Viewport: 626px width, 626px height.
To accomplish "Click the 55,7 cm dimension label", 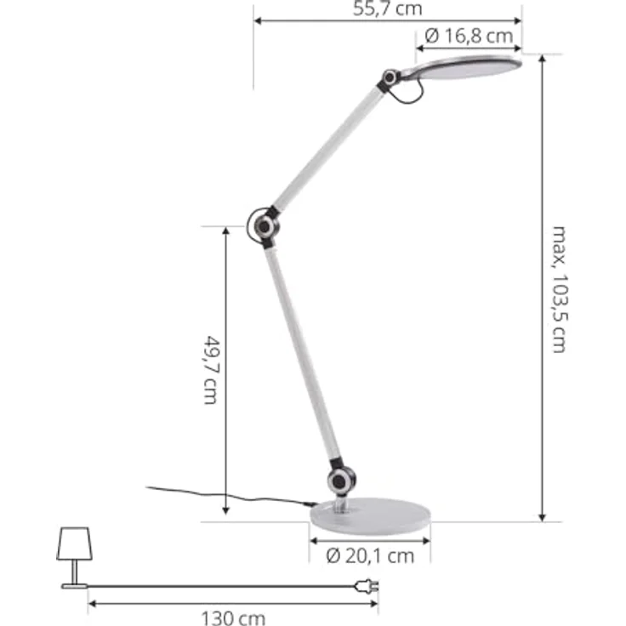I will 387,9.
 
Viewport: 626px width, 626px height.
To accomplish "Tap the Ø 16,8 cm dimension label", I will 469,36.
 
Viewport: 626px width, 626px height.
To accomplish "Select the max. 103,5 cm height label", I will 559,289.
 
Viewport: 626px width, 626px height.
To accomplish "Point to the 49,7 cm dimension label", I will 210,369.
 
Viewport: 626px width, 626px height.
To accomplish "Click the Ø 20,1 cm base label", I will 370,556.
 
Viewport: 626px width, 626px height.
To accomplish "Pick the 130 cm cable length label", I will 233,618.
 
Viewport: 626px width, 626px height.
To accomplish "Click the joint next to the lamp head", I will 391,78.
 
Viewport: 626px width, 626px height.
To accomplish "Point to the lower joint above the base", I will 339,480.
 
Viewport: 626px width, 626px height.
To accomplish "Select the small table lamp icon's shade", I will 73,543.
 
